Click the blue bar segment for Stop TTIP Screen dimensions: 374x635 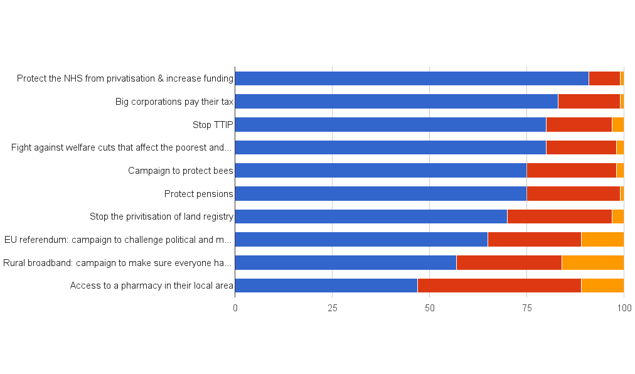click(x=390, y=124)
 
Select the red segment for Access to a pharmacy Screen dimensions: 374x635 click(x=499, y=286)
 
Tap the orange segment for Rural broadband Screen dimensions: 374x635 click(x=592, y=262)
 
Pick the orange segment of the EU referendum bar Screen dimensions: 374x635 click(x=602, y=239)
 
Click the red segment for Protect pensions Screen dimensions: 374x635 click(x=573, y=193)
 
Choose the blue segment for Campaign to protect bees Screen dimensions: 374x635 click(x=380, y=170)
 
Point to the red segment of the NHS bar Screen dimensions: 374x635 click(x=604, y=78)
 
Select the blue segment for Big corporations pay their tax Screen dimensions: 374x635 click(x=396, y=101)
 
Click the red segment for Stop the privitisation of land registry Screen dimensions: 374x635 click(x=559, y=216)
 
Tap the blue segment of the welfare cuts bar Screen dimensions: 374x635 click(x=390, y=147)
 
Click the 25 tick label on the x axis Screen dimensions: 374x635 click(x=333, y=308)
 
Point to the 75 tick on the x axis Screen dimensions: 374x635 click(x=526, y=308)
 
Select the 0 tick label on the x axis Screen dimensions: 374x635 click(x=235, y=308)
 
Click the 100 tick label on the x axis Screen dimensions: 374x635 click(x=623, y=308)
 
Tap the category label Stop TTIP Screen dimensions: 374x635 click(x=213, y=125)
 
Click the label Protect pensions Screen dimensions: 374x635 click(x=198, y=194)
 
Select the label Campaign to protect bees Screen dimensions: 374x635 click(x=181, y=171)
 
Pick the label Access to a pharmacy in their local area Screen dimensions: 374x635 click(x=152, y=286)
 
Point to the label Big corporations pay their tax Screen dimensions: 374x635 click(x=174, y=102)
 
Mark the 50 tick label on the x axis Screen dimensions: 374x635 click(x=429, y=308)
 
